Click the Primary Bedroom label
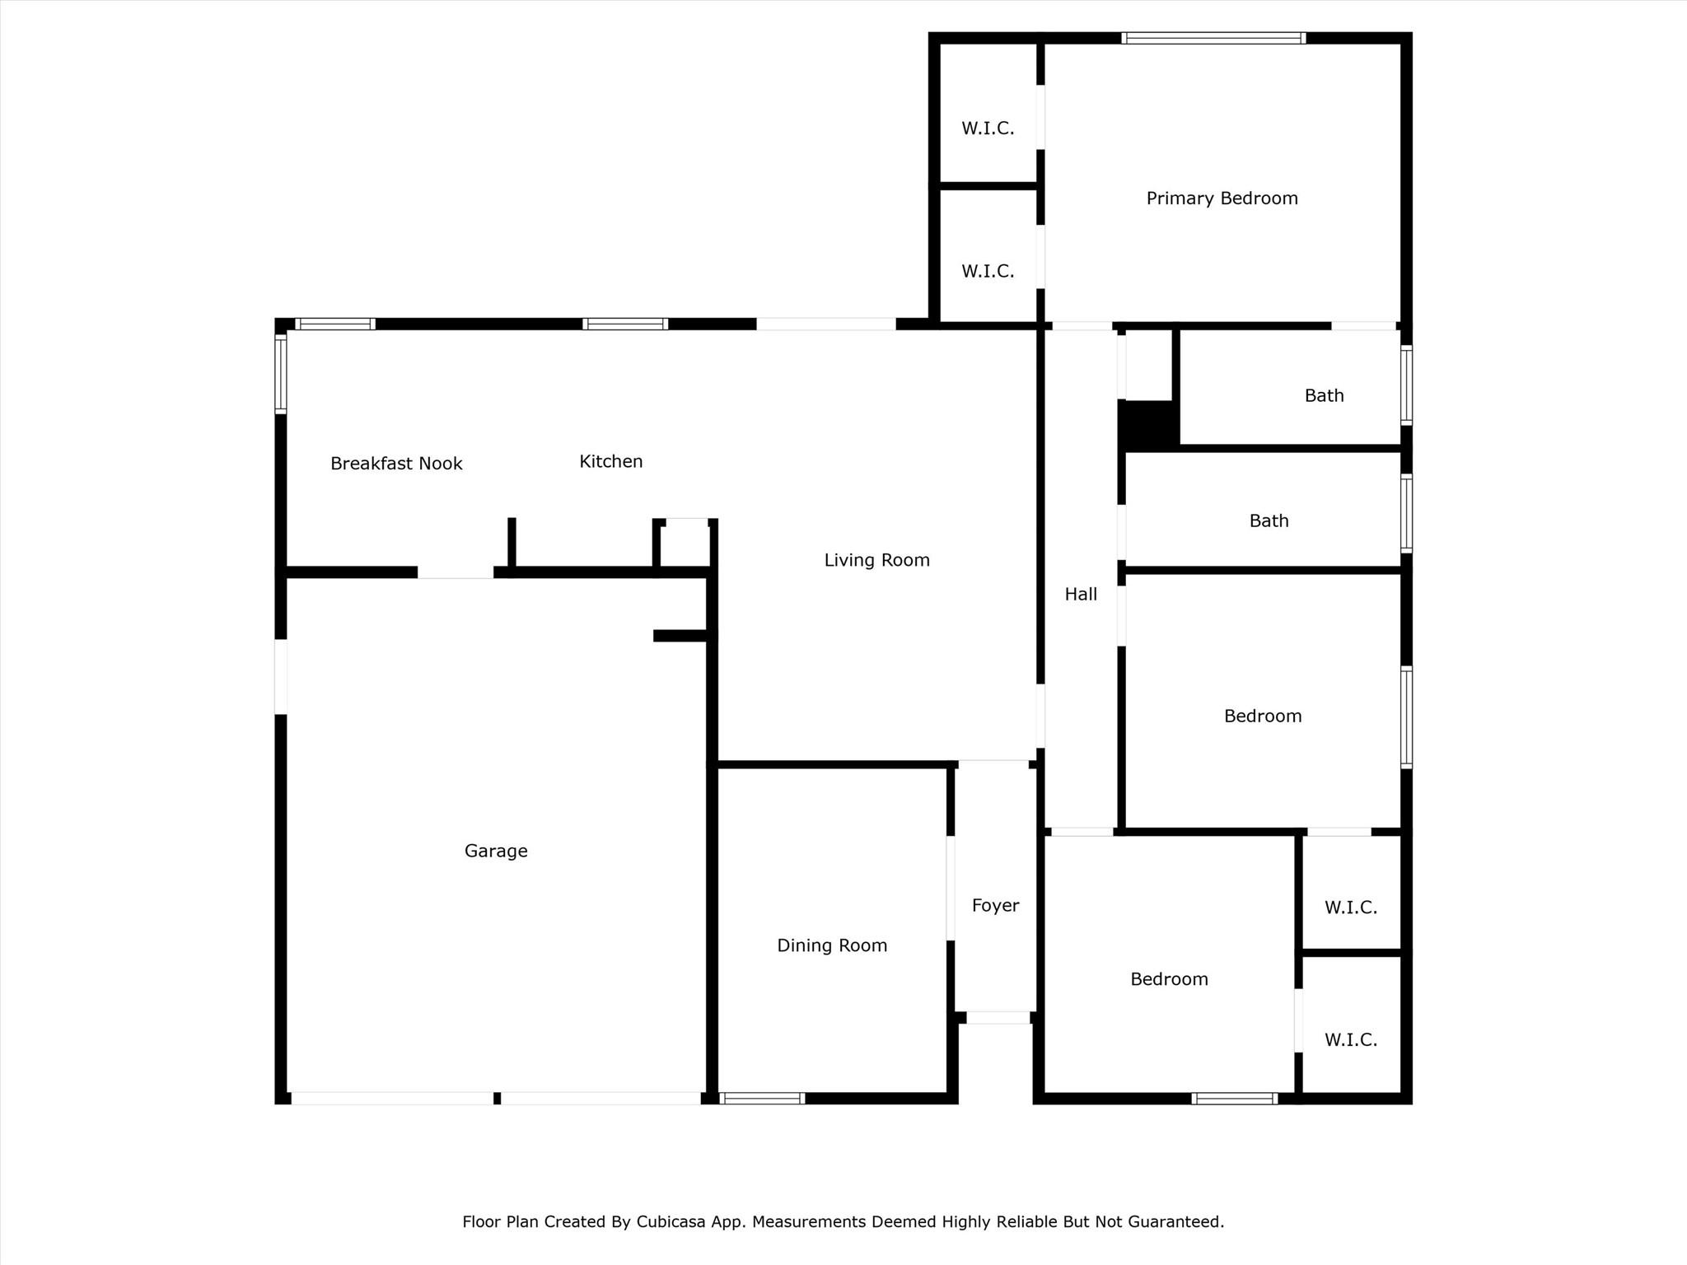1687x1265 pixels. (x=1222, y=198)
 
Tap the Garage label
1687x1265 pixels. (x=496, y=851)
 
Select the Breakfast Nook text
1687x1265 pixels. (x=396, y=464)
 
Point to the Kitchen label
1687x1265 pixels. (x=610, y=461)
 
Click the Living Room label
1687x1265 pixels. (x=876, y=560)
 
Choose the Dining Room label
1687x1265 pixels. (x=832, y=945)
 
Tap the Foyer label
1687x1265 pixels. (x=995, y=906)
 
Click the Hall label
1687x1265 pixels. (x=1081, y=594)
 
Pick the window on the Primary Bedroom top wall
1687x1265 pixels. (x=1213, y=38)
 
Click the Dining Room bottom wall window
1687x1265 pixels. (x=762, y=1098)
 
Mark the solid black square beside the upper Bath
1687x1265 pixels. (x=1147, y=425)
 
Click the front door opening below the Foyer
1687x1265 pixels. (x=998, y=1018)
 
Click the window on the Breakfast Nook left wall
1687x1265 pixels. (x=281, y=374)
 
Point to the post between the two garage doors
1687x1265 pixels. (x=497, y=1098)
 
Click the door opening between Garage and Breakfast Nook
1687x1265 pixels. (x=456, y=572)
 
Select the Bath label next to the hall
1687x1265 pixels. (x=1269, y=520)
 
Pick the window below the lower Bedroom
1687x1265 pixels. (x=1234, y=1098)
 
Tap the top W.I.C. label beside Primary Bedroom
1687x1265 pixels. (x=988, y=128)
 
